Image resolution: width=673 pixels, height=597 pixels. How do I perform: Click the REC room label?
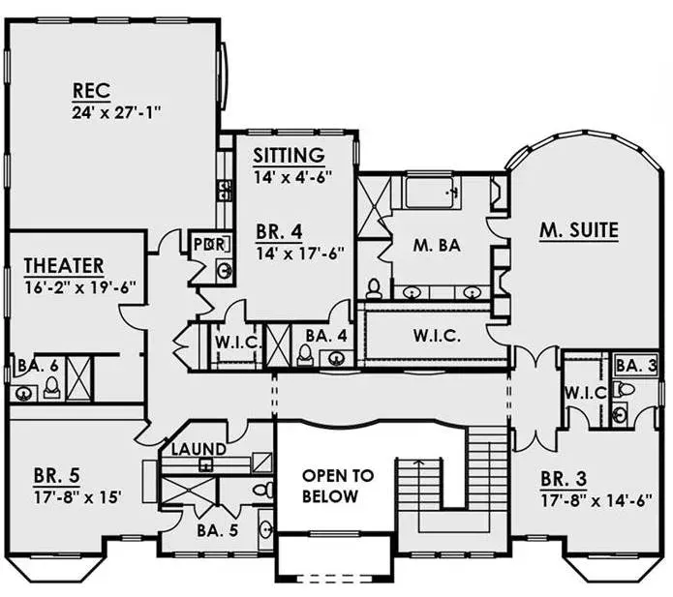[91, 91]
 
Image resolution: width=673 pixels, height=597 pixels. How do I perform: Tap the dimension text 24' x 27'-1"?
[116, 113]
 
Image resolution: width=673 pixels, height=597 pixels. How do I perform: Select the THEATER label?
[64, 265]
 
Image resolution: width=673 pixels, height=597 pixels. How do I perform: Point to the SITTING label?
[289, 155]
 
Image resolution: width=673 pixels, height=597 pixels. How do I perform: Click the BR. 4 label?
[280, 231]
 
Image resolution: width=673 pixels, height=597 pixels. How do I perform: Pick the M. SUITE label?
[578, 230]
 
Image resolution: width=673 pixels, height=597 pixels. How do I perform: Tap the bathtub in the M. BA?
[432, 192]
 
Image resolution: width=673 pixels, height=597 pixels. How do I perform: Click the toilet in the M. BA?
[374, 288]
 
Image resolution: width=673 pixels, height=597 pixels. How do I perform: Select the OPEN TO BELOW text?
[337, 486]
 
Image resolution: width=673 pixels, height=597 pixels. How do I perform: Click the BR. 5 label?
[57, 475]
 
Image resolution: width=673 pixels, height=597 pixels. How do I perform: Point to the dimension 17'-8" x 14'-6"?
[597, 500]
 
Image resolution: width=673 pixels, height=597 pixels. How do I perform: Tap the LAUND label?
[199, 449]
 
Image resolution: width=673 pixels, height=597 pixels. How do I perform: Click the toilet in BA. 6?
[52, 388]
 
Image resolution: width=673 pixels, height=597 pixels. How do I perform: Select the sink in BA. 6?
[22, 393]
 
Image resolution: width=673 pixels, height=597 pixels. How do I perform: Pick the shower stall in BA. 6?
[79, 378]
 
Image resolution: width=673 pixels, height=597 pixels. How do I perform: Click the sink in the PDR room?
[224, 270]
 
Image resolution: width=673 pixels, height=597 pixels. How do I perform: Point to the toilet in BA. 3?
[624, 389]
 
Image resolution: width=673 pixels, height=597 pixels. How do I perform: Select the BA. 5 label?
[218, 530]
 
